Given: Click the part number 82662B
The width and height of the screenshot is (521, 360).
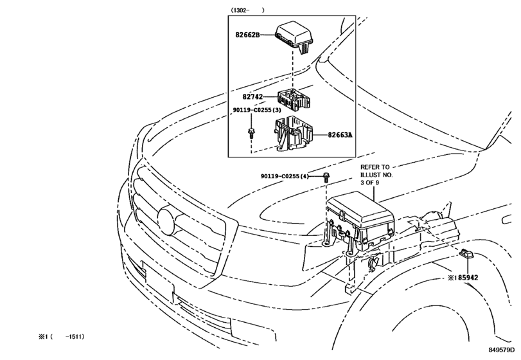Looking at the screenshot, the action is pos(247,35).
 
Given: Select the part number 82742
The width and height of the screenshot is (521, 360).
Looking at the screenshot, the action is pos(252,96).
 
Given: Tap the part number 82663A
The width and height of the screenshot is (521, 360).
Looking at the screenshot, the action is pos(340,134).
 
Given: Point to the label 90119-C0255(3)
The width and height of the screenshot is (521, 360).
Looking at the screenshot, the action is pos(257,110).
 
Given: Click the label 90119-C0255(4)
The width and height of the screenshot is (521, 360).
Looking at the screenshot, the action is pos(285,176).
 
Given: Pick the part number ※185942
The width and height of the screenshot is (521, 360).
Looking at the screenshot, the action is pos(463,277).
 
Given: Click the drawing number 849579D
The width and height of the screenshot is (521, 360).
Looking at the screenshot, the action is pos(501,349).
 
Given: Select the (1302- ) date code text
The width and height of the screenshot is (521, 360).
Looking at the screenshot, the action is pos(248,10).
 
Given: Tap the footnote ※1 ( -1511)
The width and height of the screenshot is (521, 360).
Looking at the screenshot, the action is pos(62,337).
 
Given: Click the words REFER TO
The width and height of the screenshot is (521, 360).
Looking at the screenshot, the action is pos(375,167).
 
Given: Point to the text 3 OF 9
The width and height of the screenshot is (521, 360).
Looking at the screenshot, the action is pos(370,183).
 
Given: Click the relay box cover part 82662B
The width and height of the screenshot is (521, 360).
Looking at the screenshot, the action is pos(294,37).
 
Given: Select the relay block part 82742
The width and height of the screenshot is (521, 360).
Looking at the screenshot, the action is pos(293,100).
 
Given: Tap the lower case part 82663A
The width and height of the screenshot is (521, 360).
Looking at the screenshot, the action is pos(294,134).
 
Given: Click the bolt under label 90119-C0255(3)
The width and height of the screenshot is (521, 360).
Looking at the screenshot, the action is pos(251,133).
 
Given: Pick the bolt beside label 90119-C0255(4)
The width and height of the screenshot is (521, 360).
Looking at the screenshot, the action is pos(326,177).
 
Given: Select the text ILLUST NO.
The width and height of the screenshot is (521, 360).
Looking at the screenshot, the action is pos(376,175).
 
